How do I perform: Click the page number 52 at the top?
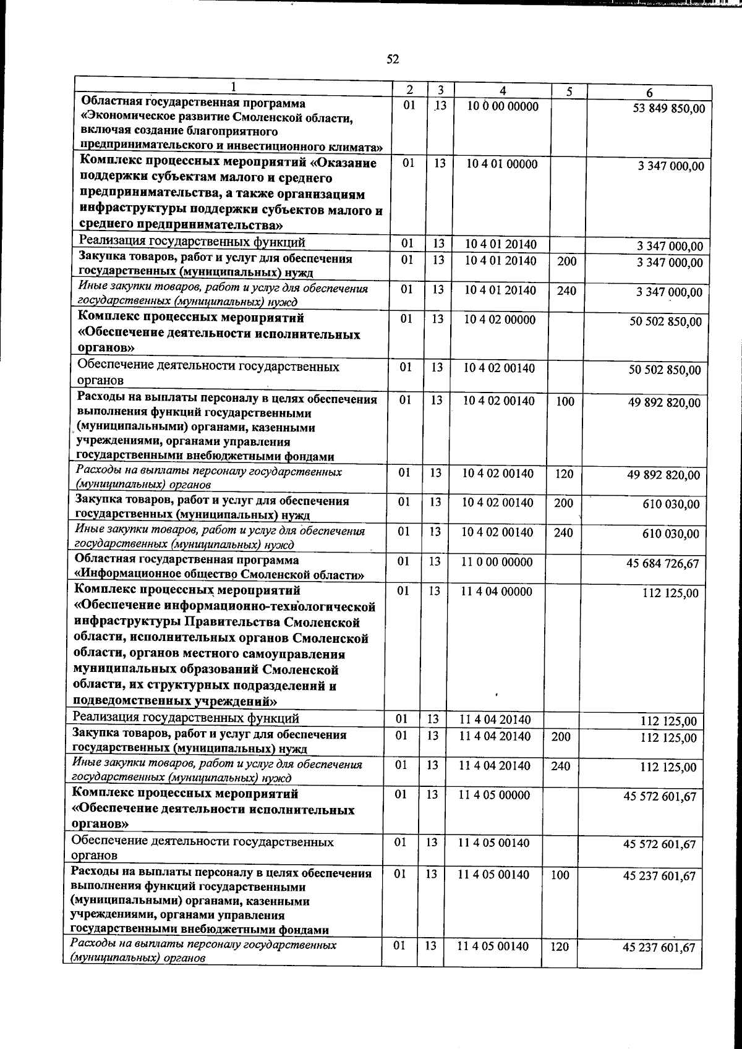pyautogui.click(x=393, y=59)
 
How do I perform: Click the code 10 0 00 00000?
pyautogui.click(x=503, y=106)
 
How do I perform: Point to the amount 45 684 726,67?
pyautogui.click(x=663, y=563)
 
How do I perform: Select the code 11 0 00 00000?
pyautogui.click(x=497, y=562)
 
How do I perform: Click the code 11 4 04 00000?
pyautogui.click(x=497, y=591)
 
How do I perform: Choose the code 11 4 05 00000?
pyautogui.click(x=494, y=795)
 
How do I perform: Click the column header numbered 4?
pyautogui.click(x=503, y=90)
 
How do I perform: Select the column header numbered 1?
pyautogui.click(x=233, y=87)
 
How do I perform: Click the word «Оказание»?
pyautogui.click(x=344, y=163)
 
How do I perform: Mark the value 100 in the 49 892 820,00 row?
pyautogui.click(x=566, y=401)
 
